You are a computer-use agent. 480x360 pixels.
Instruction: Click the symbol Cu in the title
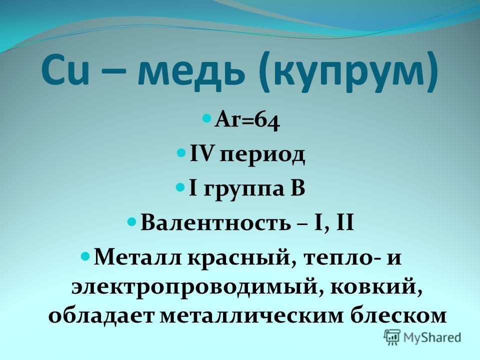pyautogui.click(x=65, y=71)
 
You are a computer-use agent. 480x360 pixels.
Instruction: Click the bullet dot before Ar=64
pyautogui.click(x=207, y=118)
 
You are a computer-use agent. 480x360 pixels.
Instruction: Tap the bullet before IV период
pyautogui.click(x=182, y=152)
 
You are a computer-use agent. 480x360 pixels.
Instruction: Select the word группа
pyautogui.click(x=239, y=190)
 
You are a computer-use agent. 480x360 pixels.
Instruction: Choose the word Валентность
pyautogui.click(x=215, y=222)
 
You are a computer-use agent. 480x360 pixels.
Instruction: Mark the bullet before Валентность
pyautogui.click(x=132, y=220)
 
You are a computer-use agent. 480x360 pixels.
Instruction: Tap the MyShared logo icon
pyautogui.click(x=392, y=337)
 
